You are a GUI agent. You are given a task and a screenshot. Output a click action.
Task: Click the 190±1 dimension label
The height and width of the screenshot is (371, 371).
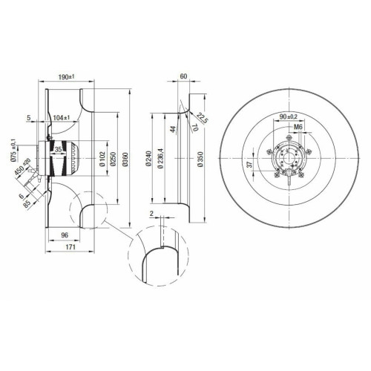pyautogui.click(x=66, y=77)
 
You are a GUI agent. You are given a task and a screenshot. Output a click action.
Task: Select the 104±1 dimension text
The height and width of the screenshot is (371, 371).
pyautogui.click(x=62, y=118)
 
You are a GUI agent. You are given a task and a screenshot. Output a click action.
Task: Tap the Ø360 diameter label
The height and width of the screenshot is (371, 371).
pyautogui.click(x=125, y=160)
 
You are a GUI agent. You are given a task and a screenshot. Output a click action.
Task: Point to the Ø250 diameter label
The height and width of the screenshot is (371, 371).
pyautogui.click(x=114, y=159)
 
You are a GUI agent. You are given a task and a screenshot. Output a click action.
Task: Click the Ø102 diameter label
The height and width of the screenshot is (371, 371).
pyautogui.click(x=102, y=159)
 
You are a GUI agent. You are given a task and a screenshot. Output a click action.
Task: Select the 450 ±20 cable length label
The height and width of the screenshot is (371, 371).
pyautogui.click(x=22, y=166)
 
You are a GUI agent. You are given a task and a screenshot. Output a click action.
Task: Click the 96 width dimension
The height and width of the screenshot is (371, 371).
pyautogui.click(x=65, y=235)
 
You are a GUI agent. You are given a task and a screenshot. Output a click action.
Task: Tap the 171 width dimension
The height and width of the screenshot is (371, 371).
pyautogui.click(x=70, y=247)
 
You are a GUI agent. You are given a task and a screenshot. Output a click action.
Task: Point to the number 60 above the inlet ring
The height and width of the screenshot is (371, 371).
pyautogui.click(x=183, y=76)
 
